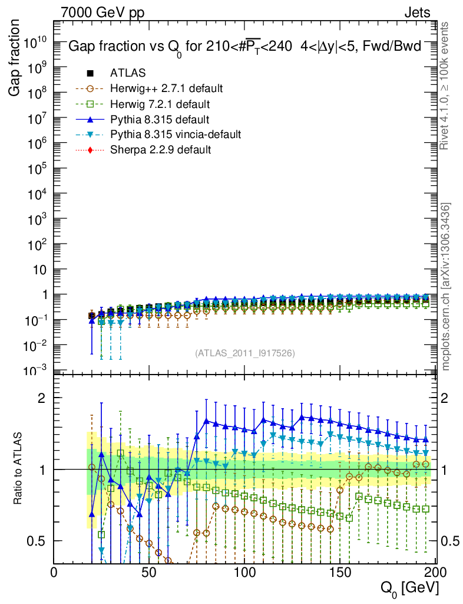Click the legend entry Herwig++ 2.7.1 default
(x=166, y=89)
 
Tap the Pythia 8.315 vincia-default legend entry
(x=175, y=135)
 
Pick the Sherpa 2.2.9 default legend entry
(x=160, y=150)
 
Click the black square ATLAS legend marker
(x=91, y=74)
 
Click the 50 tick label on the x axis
(x=149, y=572)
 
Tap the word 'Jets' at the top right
(x=417, y=12)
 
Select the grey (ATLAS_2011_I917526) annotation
(x=244, y=353)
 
